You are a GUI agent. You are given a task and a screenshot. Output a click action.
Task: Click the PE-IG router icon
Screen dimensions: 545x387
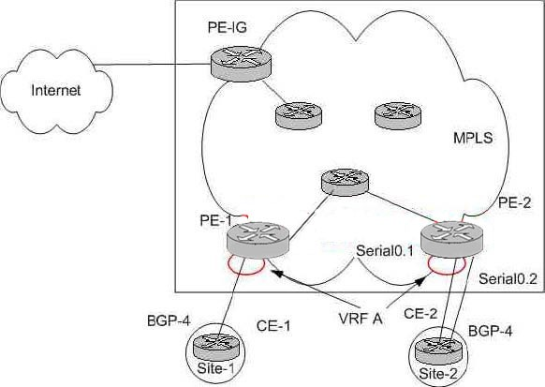tap(241, 65)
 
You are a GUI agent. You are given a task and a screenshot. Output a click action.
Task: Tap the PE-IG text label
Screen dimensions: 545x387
tap(228, 27)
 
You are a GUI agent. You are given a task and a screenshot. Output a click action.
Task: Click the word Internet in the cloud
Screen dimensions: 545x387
tap(55, 90)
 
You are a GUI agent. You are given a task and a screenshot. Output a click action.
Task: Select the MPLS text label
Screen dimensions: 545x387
tap(473, 138)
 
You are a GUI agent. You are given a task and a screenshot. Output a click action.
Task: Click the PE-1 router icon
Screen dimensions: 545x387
tap(258, 241)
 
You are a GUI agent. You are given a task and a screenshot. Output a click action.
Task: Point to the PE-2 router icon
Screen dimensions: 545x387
tap(451, 240)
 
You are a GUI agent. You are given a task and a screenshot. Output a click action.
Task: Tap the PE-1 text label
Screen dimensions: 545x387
tap(215, 220)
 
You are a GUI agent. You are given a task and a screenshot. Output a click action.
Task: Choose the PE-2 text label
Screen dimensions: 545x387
tap(514, 202)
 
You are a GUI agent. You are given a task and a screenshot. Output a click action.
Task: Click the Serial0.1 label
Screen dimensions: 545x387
tap(385, 251)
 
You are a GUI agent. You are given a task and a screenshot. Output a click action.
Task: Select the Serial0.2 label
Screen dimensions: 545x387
tap(508, 279)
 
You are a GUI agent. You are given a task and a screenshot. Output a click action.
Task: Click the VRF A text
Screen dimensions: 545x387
tap(361, 319)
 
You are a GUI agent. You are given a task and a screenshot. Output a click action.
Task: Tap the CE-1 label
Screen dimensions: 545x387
tap(273, 326)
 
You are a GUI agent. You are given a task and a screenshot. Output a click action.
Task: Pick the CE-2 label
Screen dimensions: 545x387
tap(420, 314)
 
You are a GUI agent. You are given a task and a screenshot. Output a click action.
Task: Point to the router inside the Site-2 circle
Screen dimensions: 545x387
tap(438, 350)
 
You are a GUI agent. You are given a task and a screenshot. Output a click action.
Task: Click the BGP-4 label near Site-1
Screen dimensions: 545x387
tap(169, 320)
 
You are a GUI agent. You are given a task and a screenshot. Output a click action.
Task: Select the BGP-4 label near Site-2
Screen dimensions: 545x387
tap(490, 331)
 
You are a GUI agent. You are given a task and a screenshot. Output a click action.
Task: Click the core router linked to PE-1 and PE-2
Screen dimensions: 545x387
tap(345, 182)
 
